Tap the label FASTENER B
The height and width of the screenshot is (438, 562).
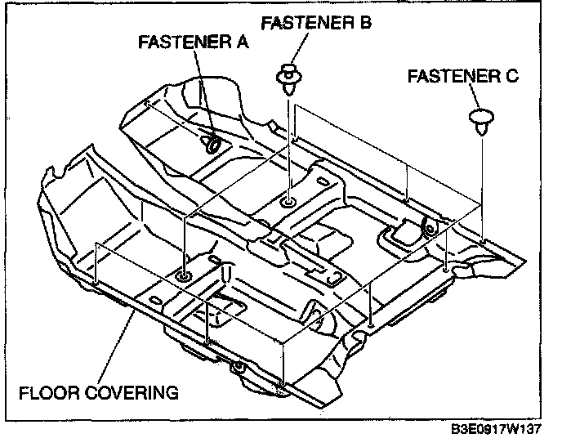[316, 23]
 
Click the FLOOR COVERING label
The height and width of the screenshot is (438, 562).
[99, 393]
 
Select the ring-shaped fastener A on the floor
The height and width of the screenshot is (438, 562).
[212, 145]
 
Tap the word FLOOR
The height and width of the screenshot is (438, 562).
[44, 393]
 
